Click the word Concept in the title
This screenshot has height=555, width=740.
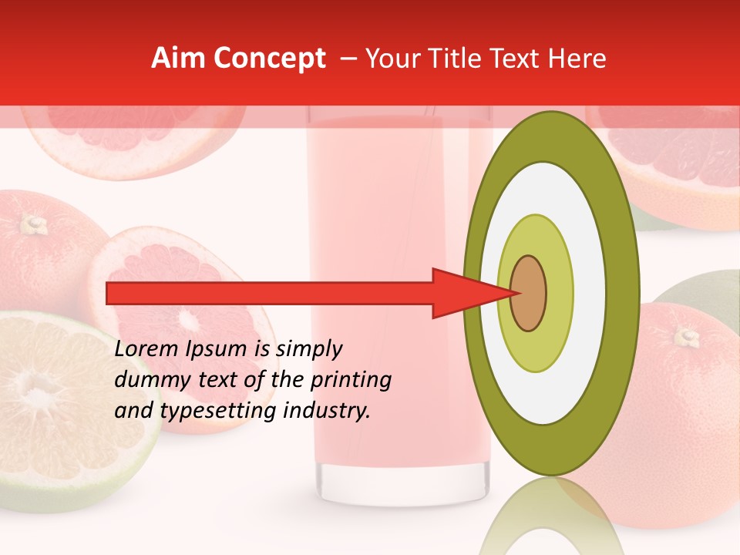pos(269,59)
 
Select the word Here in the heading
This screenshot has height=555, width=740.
pos(579,59)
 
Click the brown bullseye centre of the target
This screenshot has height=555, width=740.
pos(529,293)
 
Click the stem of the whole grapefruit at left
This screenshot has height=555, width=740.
pos(33,224)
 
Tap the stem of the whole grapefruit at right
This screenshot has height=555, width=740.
pos(687,336)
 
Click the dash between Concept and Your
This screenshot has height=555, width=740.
pos(348,59)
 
